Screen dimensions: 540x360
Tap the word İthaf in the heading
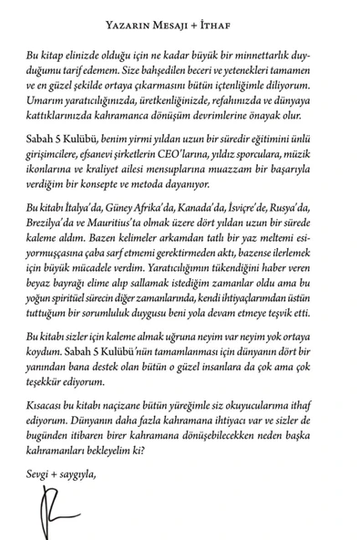click(252, 13)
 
